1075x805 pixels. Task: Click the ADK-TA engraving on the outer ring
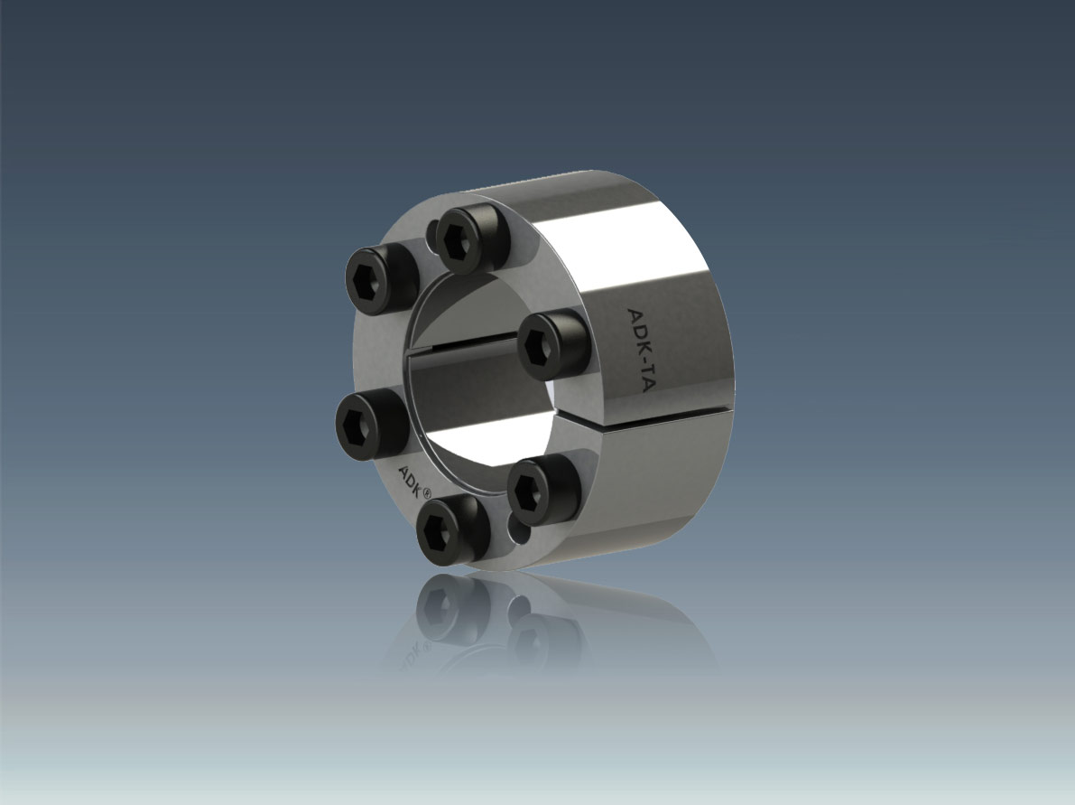pos(638,351)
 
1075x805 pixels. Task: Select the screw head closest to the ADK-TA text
pos(551,345)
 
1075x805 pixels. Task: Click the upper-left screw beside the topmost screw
pos(378,278)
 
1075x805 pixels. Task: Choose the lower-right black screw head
pos(542,488)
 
